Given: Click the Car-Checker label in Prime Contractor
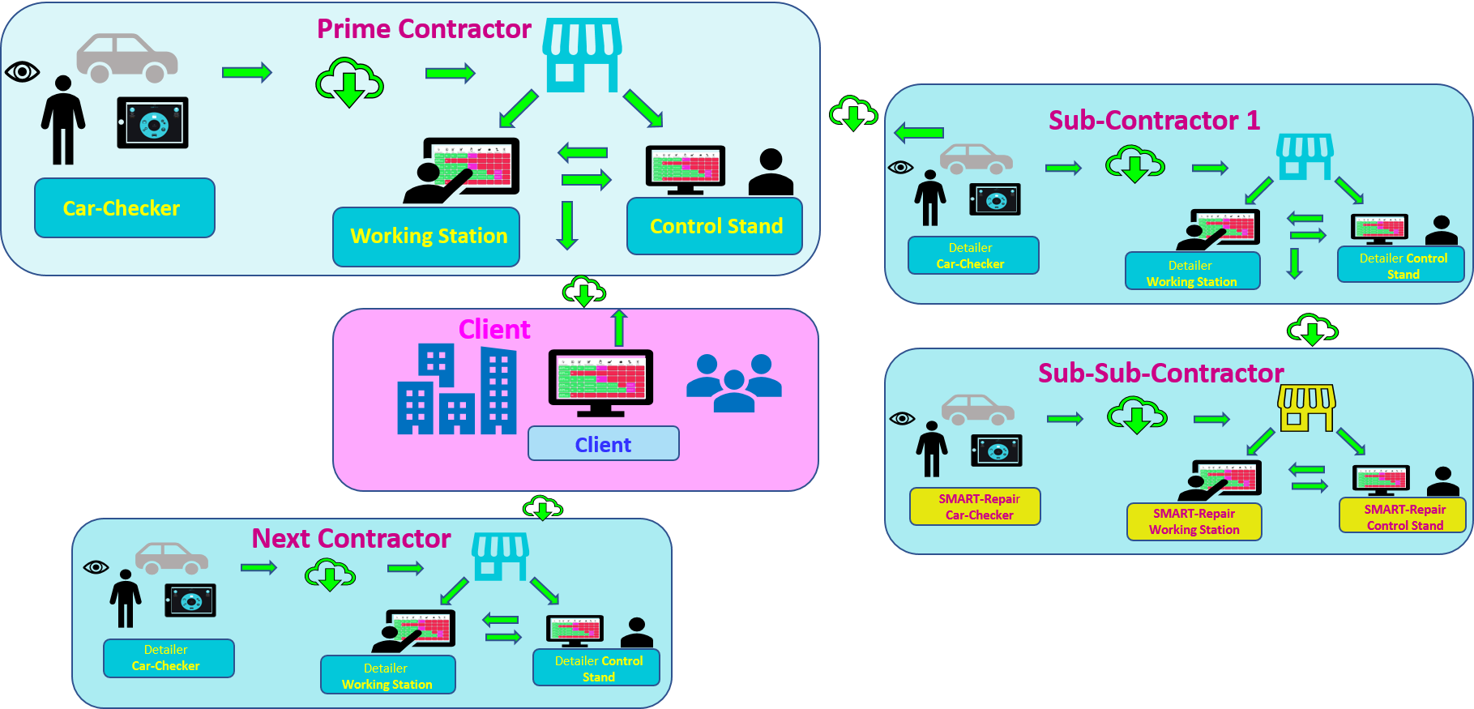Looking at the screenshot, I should tap(124, 208).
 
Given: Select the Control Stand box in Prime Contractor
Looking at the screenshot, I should tap(715, 226).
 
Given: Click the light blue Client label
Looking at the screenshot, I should tap(603, 444).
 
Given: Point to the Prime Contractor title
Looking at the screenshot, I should tap(424, 29).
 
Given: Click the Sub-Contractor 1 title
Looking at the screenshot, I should tap(1154, 121).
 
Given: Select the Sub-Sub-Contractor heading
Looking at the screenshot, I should tap(1160, 373).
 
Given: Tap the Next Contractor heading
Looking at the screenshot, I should tap(351, 538).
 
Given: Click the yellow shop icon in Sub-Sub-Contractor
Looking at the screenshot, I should tap(1306, 408).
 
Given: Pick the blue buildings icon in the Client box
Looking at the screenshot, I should tap(456, 390).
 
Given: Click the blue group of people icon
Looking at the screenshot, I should tap(734, 382).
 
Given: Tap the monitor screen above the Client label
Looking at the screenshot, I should tap(600, 379).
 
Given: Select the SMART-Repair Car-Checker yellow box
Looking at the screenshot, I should tap(975, 506).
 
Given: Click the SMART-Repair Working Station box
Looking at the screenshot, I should tap(1194, 521).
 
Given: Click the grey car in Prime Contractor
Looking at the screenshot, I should tap(127, 58).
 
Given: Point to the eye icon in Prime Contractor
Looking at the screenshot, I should tap(22, 72).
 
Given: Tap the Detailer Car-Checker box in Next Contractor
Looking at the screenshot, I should tap(169, 658).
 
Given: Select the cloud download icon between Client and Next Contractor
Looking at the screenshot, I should tap(542, 508).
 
